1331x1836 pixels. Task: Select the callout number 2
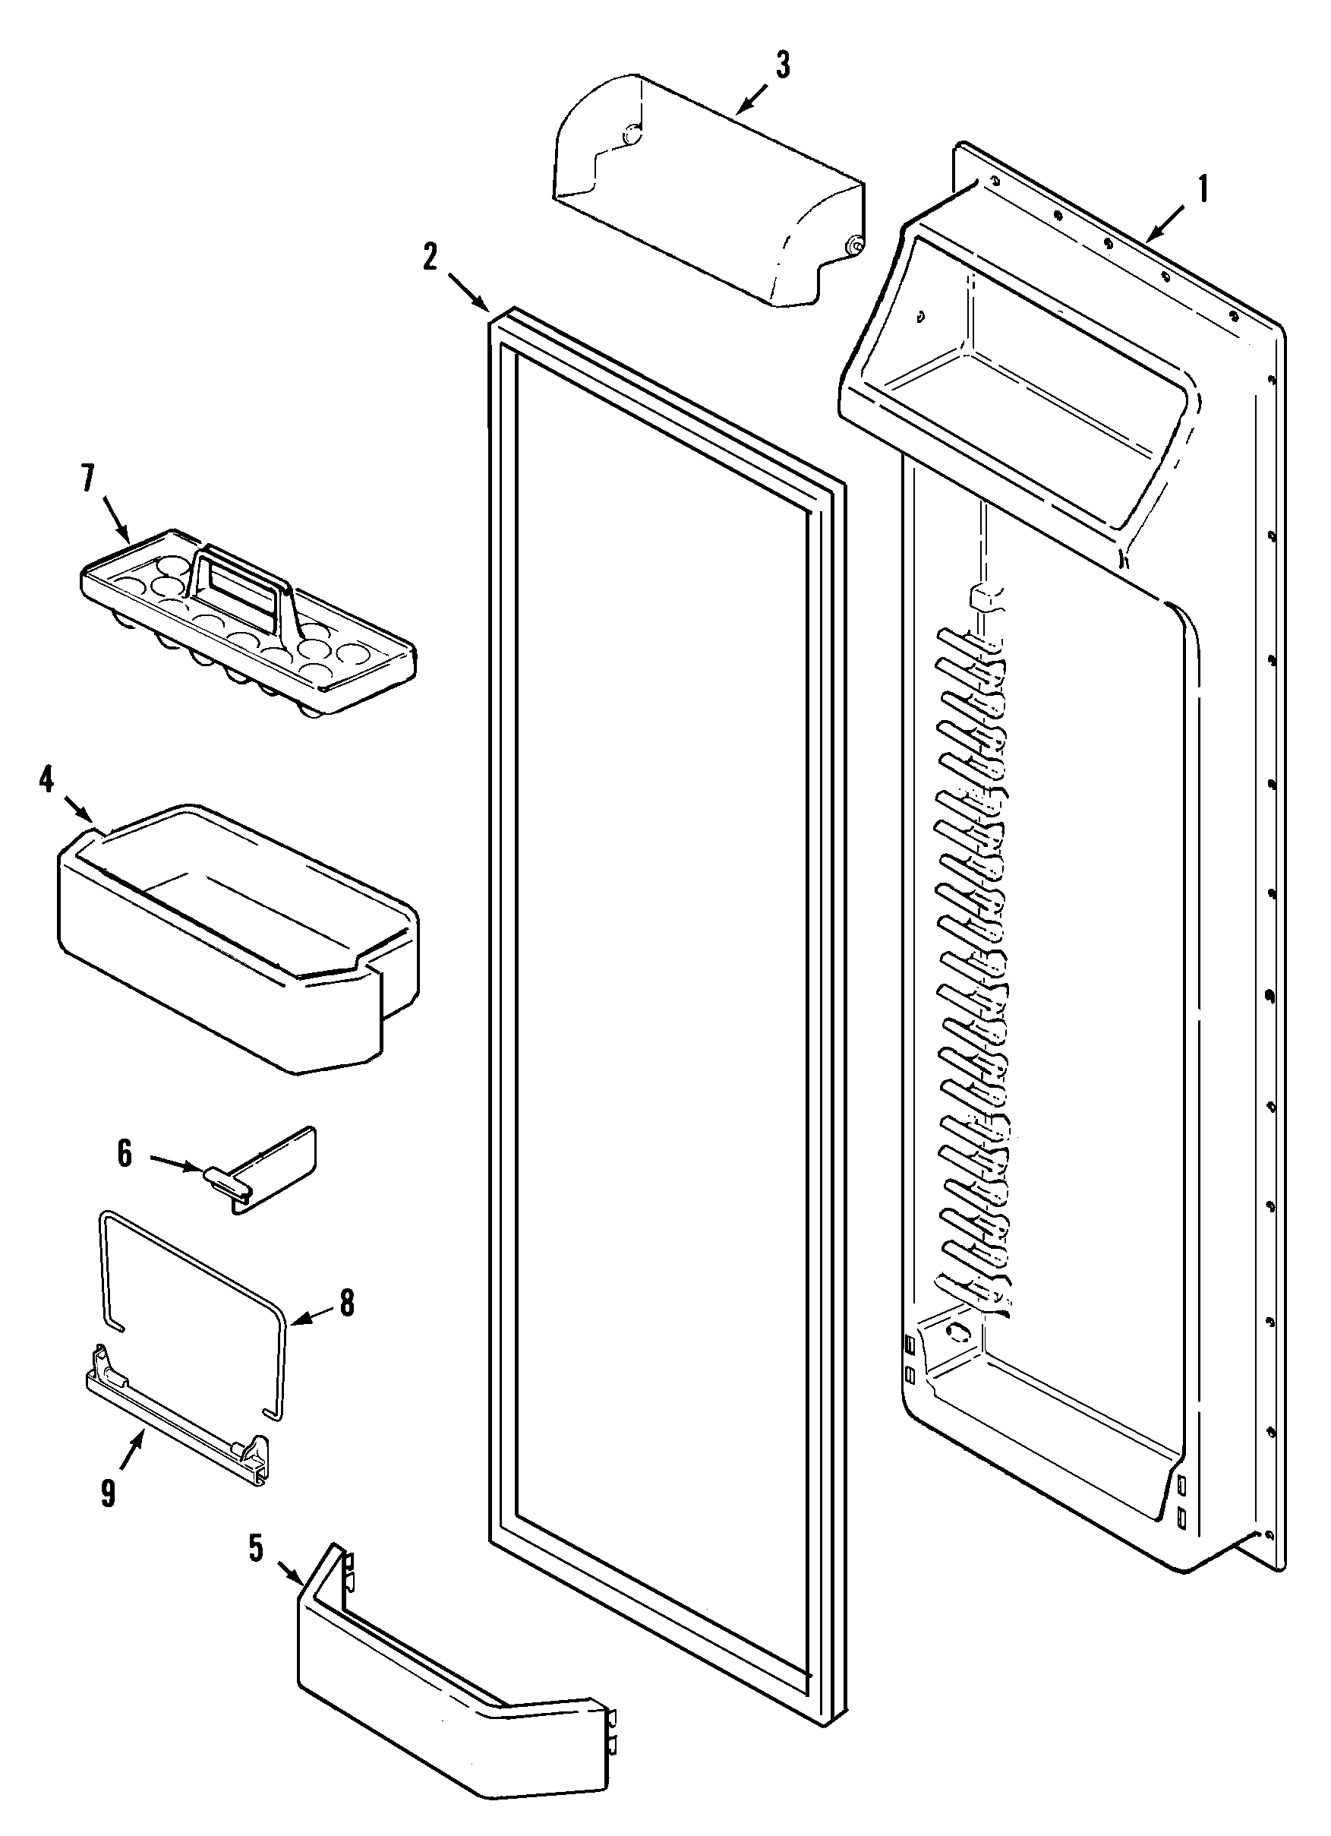tap(430, 257)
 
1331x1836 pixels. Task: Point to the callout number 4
tap(46, 779)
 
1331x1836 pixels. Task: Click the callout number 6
tap(125, 1154)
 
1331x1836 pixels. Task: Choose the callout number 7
tap(87, 479)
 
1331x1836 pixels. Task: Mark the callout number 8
tap(346, 1304)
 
